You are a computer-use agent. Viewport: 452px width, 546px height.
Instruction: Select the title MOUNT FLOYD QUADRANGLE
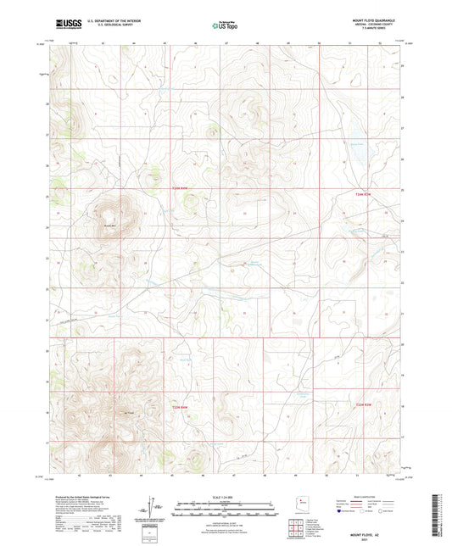377,19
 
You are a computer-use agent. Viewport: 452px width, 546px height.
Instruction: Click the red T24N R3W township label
363,194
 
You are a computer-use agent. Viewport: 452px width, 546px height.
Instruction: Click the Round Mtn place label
109,226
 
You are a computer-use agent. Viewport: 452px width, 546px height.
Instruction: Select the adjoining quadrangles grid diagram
299,532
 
